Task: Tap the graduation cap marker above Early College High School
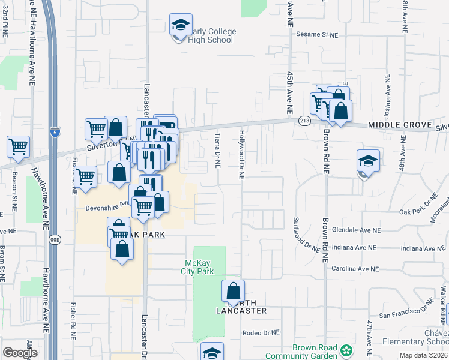coord(179,25)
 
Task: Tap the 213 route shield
coord(304,121)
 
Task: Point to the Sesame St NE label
coord(318,35)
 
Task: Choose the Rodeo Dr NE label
coord(261,332)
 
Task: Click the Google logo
coord(20,353)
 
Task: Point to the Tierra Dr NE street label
coord(218,151)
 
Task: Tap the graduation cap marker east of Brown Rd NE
coord(368,161)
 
